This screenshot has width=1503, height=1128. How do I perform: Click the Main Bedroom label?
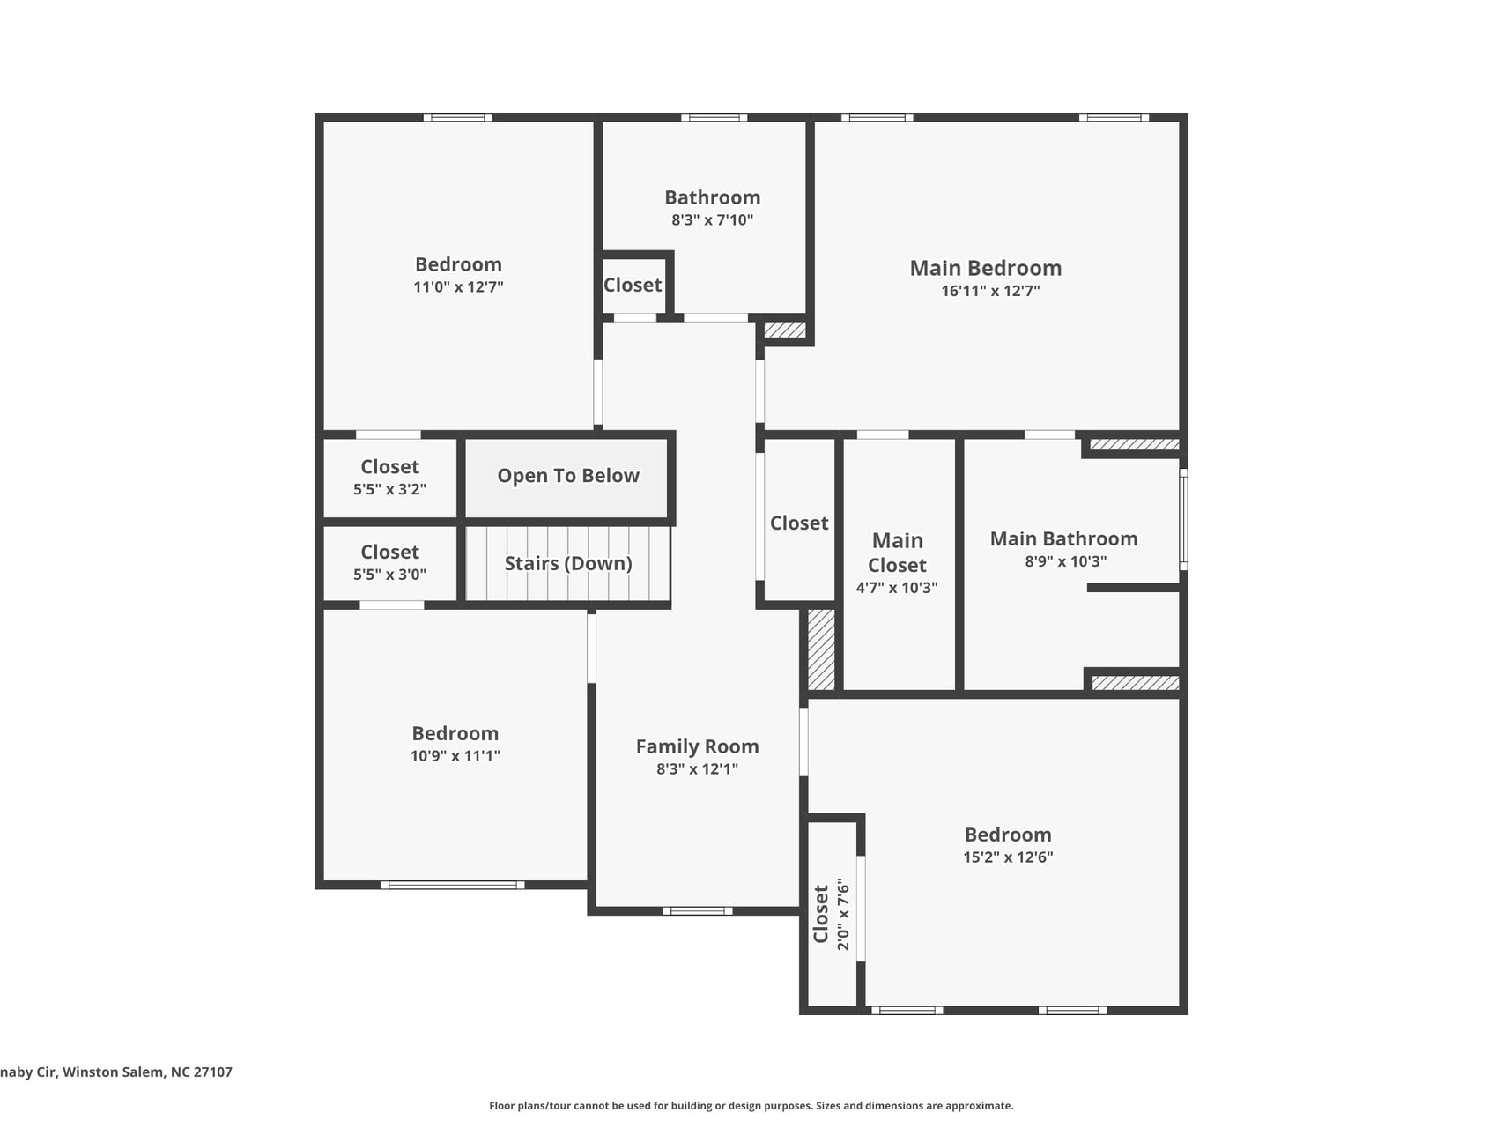coord(985,268)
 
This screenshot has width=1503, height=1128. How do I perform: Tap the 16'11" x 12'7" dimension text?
coord(990,291)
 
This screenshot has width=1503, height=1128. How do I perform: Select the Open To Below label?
coord(568,476)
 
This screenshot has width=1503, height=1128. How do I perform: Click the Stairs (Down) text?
coord(568,563)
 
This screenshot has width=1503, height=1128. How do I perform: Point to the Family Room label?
coord(697,746)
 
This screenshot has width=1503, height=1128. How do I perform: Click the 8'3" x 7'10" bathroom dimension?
coord(712,220)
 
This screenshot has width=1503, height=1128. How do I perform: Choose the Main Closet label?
coord(897,553)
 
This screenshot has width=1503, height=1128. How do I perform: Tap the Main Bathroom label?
coord(1063,538)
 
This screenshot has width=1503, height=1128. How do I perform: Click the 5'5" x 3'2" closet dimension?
coord(389,489)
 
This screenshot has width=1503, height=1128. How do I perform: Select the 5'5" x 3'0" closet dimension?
coord(389,575)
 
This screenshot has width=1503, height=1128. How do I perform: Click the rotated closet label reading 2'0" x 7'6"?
coord(831,914)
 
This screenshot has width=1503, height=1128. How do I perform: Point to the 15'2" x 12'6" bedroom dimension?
coord(1008,857)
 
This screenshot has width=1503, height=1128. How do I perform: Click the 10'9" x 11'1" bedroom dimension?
coord(455,756)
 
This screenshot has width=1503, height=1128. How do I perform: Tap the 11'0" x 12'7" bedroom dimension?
coord(458,287)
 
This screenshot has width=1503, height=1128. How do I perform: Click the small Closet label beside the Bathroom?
coord(633,286)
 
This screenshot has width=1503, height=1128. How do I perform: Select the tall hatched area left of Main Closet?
coord(821,649)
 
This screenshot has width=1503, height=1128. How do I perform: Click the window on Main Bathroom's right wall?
coord(1183,520)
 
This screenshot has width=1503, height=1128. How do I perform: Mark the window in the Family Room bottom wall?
coord(697,910)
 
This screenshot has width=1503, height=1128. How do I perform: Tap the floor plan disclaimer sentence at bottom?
coord(751,1105)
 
